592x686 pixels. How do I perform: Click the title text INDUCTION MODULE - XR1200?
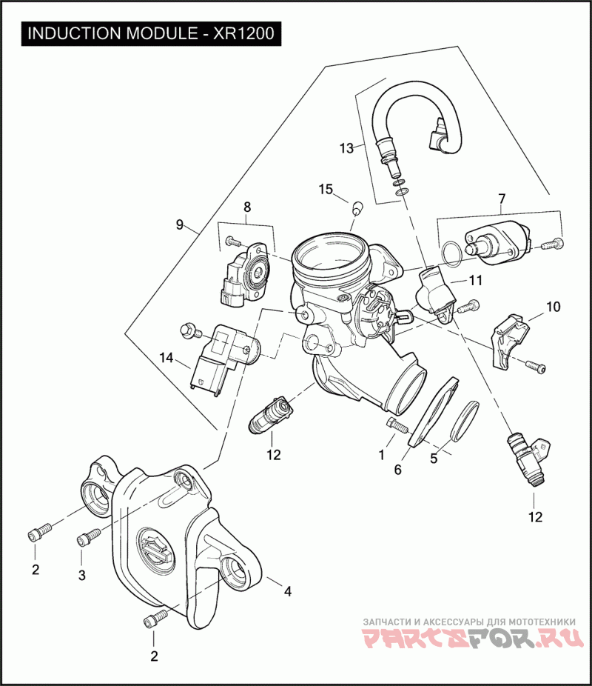pos(151,33)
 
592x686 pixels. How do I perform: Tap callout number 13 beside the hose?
pos(346,148)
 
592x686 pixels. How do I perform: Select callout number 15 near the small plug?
pos(326,190)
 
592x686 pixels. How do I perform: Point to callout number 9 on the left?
pos(180,224)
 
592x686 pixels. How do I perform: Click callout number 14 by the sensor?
pos(166,358)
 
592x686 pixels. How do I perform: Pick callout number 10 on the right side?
pos(553,307)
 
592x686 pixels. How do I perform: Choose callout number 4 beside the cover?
pos(287,591)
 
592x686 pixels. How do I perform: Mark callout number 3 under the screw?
pos(81,576)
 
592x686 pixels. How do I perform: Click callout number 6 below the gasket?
pos(397,470)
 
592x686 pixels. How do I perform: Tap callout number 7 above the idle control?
pos(502,199)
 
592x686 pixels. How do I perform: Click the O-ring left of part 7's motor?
pos(451,254)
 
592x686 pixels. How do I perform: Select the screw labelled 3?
pos(89,537)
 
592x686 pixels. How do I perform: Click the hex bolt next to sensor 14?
pos(190,330)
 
